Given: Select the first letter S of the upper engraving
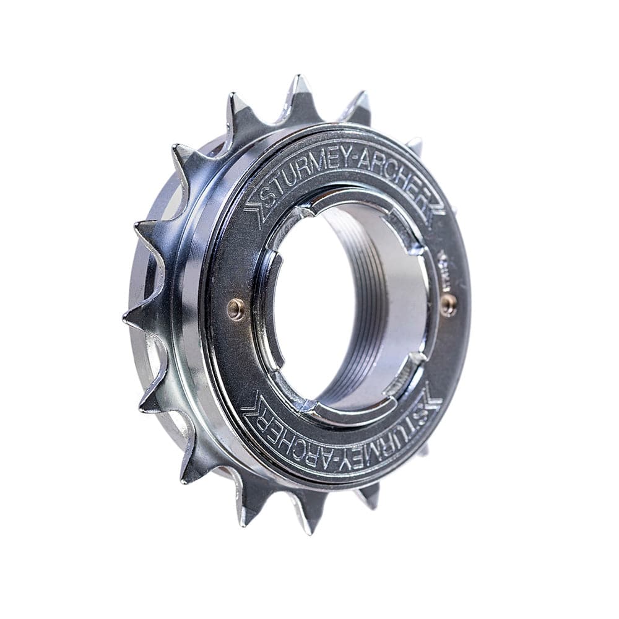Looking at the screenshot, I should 267,196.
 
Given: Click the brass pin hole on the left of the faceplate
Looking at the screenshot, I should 236,309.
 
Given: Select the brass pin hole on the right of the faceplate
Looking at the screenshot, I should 449,303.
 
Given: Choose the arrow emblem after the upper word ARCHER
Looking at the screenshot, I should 435,204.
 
